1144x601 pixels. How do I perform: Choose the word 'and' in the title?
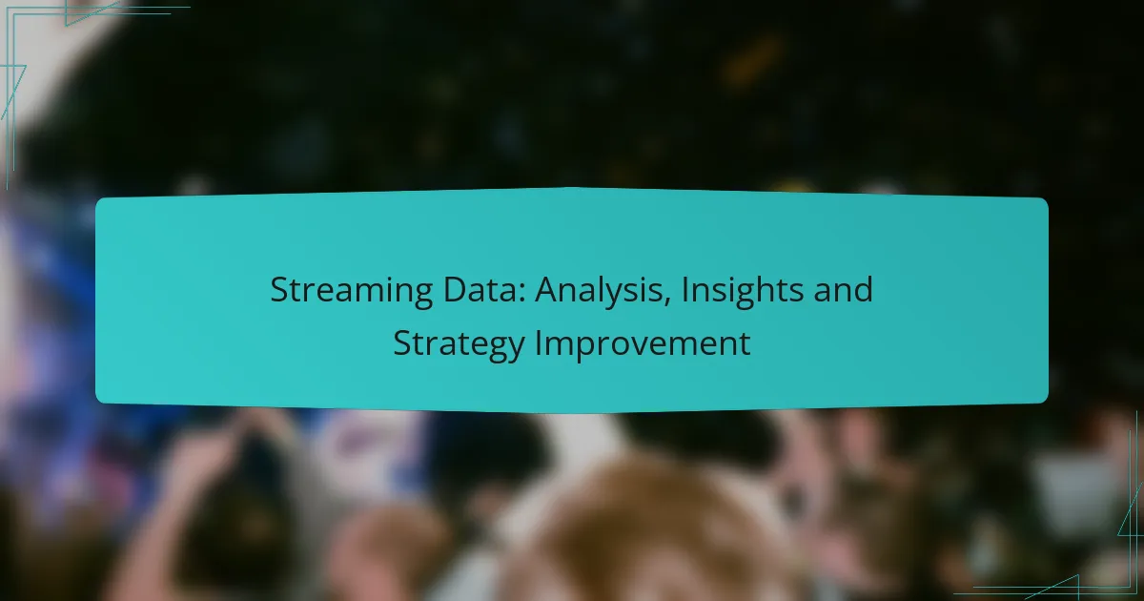point(846,289)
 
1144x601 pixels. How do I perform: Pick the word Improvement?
point(642,344)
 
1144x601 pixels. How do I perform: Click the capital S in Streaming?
point(279,289)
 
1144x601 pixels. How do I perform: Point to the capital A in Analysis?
point(546,289)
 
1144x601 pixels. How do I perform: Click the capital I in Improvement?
point(538,342)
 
